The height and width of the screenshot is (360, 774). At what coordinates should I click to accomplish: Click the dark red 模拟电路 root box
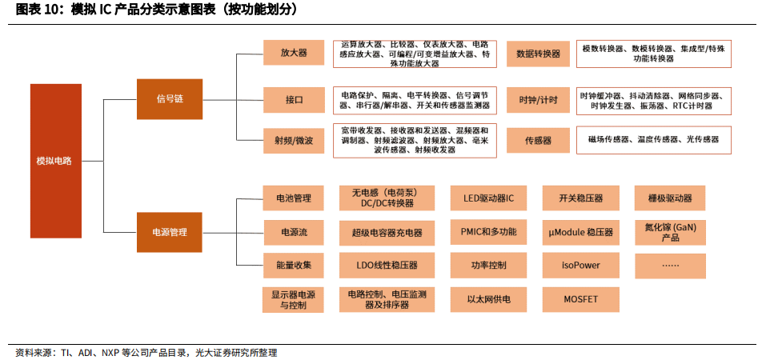(x=56, y=161)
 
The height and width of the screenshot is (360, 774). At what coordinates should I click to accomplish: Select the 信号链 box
(x=170, y=99)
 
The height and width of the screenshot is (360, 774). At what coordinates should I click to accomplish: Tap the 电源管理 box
(x=170, y=232)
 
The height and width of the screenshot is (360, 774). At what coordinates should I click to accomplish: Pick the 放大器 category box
(x=294, y=52)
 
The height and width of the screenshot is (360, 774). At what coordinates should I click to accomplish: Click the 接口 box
(x=294, y=100)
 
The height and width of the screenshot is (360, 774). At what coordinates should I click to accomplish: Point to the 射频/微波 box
(x=294, y=141)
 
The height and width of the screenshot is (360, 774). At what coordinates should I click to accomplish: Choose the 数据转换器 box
(x=538, y=54)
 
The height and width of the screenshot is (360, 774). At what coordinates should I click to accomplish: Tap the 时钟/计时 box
(x=538, y=100)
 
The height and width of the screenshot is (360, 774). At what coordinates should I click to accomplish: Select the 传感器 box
(x=538, y=141)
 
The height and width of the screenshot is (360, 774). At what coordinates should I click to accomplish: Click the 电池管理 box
(x=294, y=198)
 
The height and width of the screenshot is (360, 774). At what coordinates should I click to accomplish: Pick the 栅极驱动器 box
(x=670, y=198)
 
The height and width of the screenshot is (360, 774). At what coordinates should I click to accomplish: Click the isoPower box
(x=580, y=266)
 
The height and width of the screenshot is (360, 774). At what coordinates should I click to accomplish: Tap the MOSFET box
(x=580, y=299)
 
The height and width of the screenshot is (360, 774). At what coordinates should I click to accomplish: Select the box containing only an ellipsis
(x=670, y=266)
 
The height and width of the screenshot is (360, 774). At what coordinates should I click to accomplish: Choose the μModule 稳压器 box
(x=580, y=232)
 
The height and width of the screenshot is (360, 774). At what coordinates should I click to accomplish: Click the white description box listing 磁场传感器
(x=654, y=140)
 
